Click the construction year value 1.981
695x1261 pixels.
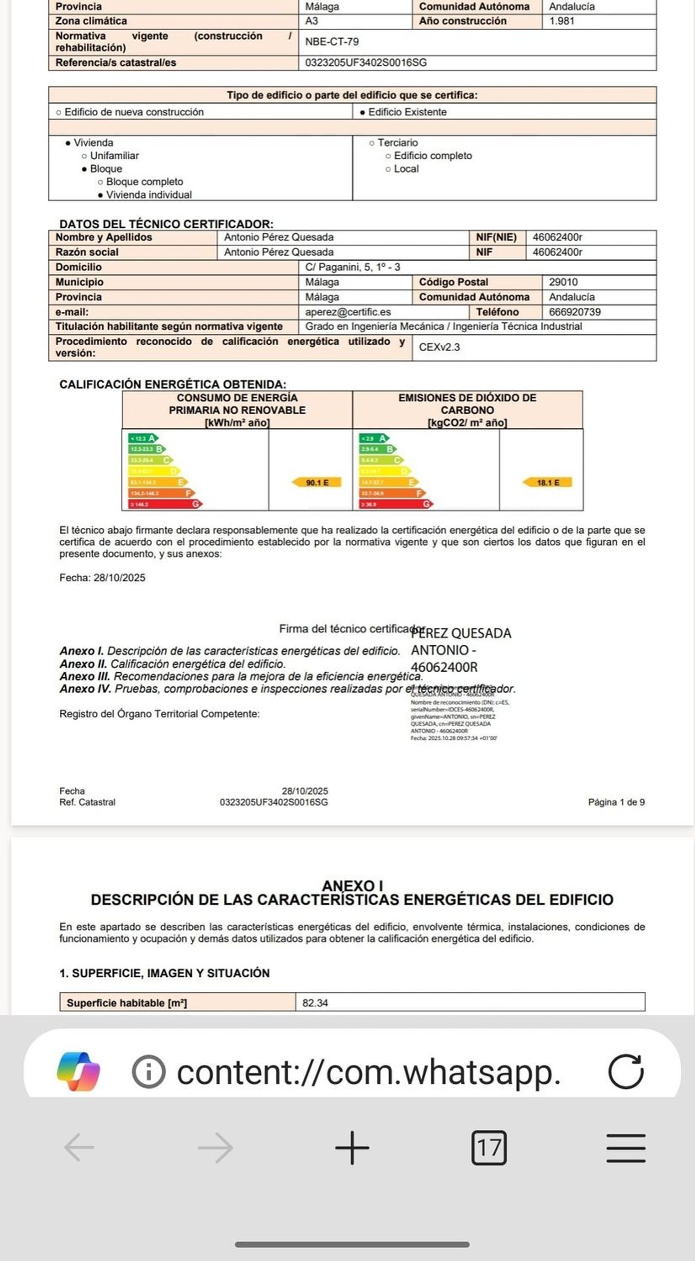(x=561, y=21)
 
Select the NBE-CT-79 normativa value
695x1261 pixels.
(x=332, y=42)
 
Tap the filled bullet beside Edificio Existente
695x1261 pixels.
(x=362, y=112)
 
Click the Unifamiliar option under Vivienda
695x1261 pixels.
(x=114, y=156)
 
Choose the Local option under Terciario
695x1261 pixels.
(x=406, y=169)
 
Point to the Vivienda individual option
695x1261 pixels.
(x=148, y=195)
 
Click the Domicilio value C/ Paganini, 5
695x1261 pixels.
(x=352, y=267)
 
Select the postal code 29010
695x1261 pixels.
(x=563, y=282)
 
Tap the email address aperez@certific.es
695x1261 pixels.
(x=348, y=312)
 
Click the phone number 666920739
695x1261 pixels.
(x=575, y=312)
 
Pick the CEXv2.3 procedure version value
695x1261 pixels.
(x=439, y=348)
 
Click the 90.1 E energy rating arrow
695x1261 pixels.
(x=316, y=483)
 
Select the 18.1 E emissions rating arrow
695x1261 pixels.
(x=547, y=483)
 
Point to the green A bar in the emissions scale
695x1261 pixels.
(x=375, y=438)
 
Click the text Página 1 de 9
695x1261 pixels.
(x=616, y=802)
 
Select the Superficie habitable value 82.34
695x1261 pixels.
(x=315, y=1003)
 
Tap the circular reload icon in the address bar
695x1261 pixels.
(x=625, y=1072)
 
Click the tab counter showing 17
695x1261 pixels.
(x=488, y=1148)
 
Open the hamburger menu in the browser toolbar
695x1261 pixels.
(x=625, y=1148)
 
